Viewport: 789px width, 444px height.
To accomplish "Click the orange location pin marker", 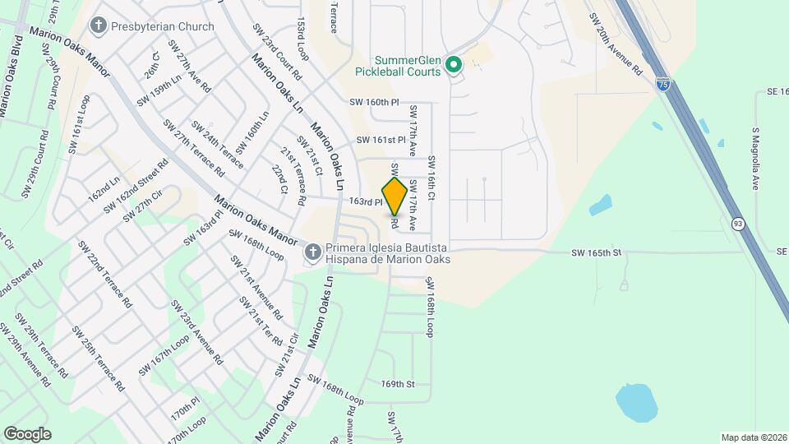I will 394,196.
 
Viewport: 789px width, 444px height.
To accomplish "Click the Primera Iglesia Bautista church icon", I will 312,252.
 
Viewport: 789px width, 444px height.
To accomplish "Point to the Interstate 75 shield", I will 662,84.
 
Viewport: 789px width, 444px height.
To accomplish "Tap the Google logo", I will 28,433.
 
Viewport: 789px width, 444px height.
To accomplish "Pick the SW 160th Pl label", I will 374,103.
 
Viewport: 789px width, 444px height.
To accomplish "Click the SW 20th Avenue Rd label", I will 615,45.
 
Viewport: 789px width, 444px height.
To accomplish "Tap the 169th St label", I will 398,384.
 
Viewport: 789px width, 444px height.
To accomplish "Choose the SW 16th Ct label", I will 431,179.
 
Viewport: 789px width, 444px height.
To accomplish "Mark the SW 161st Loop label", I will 79,123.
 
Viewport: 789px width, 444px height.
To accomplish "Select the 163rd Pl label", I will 366,201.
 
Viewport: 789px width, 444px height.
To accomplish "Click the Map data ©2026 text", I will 752,437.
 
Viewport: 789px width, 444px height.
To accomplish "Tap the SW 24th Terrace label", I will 218,145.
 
